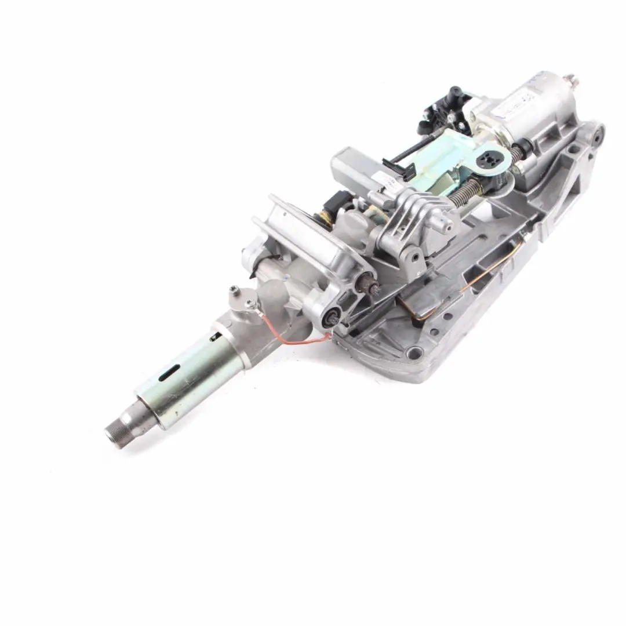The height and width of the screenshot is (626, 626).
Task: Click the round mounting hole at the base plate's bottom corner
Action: [x=415, y=352]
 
